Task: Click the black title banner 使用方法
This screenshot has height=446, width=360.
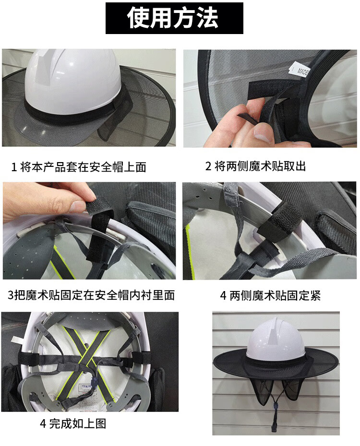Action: pyautogui.click(x=174, y=18)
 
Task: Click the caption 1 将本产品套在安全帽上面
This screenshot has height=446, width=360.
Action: pyautogui.click(x=79, y=167)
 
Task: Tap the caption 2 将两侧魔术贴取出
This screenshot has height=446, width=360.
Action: pyautogui.click(x=255, y=166)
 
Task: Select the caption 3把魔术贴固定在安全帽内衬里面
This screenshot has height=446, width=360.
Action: pyautogui.click(x=91, y=295)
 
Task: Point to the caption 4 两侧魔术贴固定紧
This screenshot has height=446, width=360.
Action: pyautogui.click(x=270, y=296)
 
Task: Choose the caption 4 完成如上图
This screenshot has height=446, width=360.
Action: pyautogui.click(x=73, y=424)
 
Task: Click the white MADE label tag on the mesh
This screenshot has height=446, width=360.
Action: pyautogui.click(x=300, y=70)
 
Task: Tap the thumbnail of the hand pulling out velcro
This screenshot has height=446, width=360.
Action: pyautogui.click(x=270, y=98)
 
